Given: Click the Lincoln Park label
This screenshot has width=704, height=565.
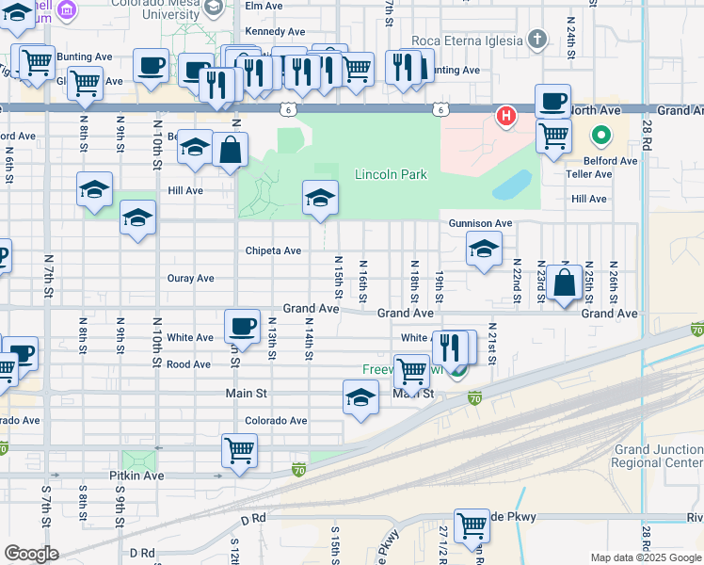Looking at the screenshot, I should (x=391, y=174).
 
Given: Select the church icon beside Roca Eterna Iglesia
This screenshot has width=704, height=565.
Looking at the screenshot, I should (x=536, y=40).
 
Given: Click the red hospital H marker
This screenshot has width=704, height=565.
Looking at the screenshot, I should (x=506, y=117).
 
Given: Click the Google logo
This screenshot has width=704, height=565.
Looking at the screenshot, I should (x=31, y=554).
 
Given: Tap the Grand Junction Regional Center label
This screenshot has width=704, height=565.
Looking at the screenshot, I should (x=656, y=457).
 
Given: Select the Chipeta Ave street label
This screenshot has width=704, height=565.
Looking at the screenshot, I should (x=273, y=250).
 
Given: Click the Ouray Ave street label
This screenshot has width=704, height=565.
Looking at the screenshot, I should (x=191, y=279).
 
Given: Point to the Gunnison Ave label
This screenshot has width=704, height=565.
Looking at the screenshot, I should (x=480, y=223).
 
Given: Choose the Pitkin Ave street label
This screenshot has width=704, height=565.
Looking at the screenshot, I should (x=136, y=476).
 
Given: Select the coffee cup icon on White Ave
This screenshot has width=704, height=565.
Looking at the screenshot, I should (x=242, y=327).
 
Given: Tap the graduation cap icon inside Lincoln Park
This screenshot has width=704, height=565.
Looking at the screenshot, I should (x=320, y=198).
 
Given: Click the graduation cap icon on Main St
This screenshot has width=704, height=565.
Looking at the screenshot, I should (x=360, y=398).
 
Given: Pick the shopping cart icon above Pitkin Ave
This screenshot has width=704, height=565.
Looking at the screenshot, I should (x=240, y=450).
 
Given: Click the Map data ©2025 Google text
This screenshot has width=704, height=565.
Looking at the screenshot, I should (x=646, y=557).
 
